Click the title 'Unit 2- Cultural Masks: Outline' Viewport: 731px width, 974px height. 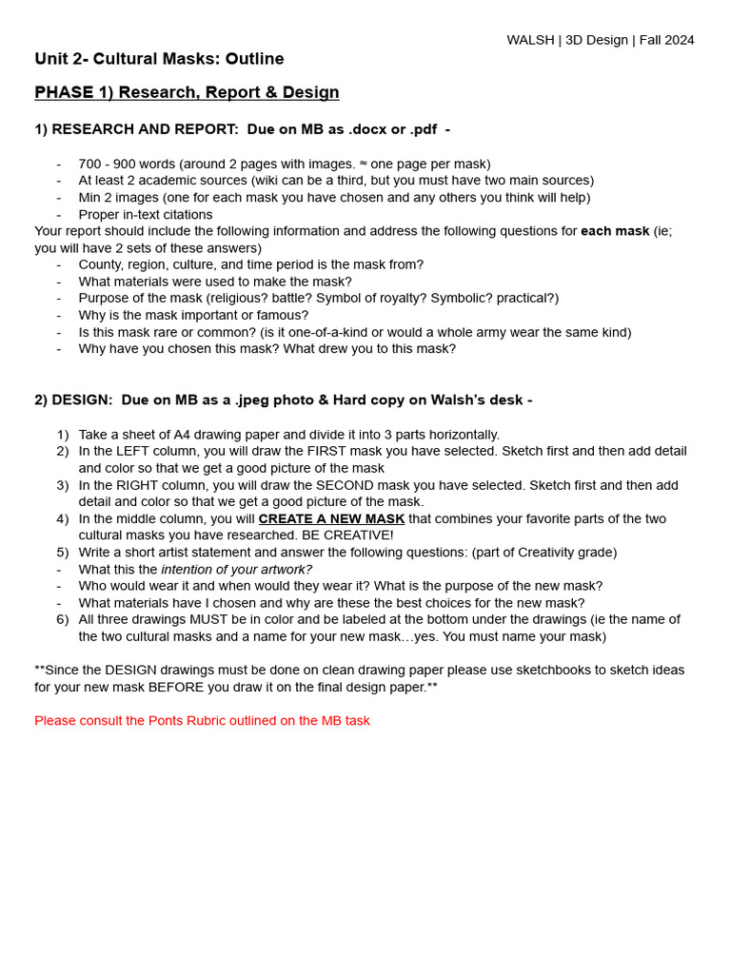click(159, 59)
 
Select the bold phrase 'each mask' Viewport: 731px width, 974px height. click(615, 231)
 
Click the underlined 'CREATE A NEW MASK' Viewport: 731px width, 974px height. click(331, 519)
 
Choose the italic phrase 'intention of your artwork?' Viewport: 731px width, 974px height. click(236, 570)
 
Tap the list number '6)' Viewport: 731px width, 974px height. click(62, 619)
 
